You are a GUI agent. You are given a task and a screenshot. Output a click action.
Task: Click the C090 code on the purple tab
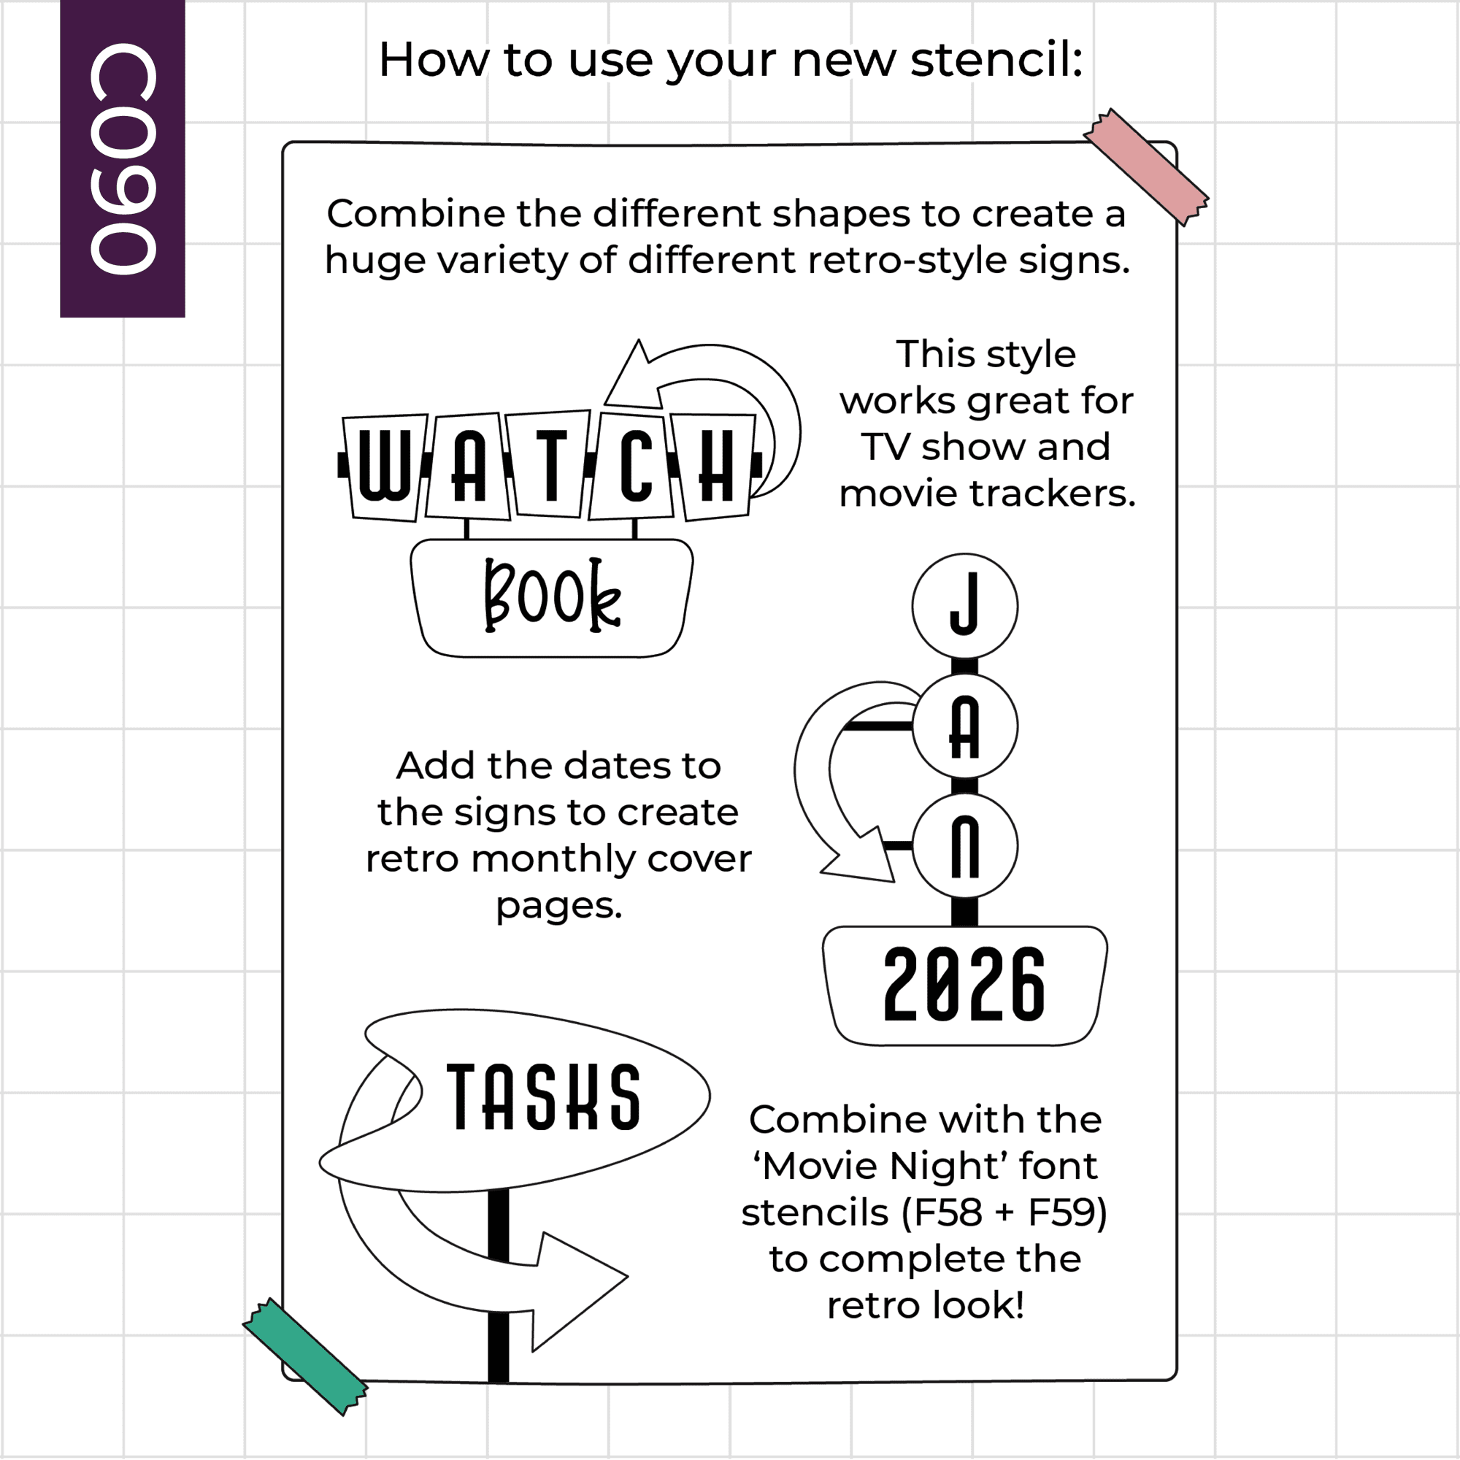click(x=123, y=158)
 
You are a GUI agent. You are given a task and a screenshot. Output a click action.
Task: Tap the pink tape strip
click(x=1145, y=167)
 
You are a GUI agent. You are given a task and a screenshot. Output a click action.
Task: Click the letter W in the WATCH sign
click(x=385, y=466)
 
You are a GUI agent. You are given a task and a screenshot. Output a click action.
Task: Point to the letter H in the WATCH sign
click(x=715, y=466)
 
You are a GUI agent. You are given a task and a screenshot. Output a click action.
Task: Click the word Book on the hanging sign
click(x=553, y=596)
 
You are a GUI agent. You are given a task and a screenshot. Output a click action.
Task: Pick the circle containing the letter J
click(x=964, y=606)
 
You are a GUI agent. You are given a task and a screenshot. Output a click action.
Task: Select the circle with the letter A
click(x=964, y=726)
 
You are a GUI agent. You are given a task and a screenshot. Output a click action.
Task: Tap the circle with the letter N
click(x=964, y=845)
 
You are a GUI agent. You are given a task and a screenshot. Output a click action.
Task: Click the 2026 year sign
click(x=964, y=985)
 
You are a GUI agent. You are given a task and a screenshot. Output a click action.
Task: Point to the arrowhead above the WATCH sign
click(x=635, y=375)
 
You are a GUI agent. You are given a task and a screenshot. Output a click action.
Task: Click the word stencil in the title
click(x=996, y=60)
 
